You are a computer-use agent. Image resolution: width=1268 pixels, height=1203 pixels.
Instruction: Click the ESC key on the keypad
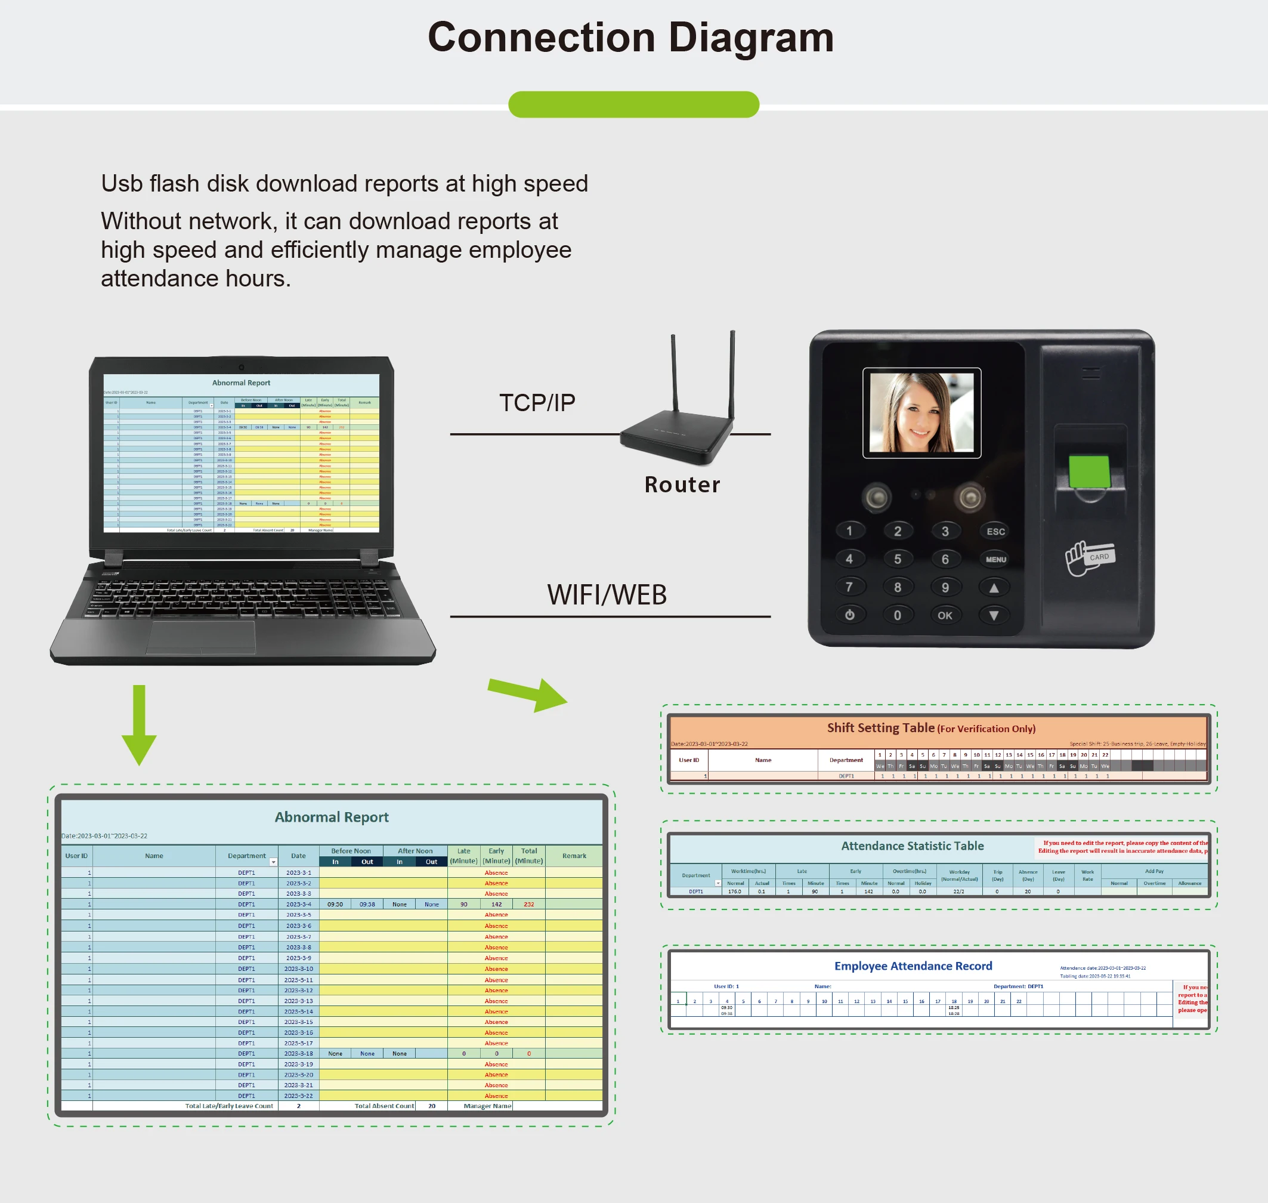[x=995, y=532]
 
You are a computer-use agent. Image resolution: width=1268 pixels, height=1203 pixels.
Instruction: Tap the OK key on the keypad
[x=945, y=616]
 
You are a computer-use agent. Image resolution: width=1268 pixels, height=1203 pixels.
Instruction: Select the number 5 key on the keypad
[x=898, y=559]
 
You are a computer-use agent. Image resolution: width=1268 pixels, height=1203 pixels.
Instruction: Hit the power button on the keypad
[x=849, y=615]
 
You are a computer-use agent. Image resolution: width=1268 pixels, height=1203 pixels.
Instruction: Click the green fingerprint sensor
[x=1088, y=471]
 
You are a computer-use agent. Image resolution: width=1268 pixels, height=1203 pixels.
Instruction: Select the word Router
[x=682, y=485]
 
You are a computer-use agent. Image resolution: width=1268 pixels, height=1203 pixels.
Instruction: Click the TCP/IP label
[x=537, y=403]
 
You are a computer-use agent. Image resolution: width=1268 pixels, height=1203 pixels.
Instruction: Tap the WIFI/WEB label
[x=607, y=595]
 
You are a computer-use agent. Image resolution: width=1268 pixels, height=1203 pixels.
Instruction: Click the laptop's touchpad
[x=200, y=637]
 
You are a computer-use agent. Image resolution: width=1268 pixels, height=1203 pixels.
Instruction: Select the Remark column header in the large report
[x=574, y=856]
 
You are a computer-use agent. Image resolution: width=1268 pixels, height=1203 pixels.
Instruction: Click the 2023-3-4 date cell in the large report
[x=298, y=904]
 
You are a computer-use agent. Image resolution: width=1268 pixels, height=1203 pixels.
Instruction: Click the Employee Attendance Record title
[x=913, y=966]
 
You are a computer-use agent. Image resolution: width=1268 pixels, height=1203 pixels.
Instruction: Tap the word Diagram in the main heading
[x=751, y=37]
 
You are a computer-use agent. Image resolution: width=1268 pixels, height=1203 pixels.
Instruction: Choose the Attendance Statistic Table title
[x=912, y=846]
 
